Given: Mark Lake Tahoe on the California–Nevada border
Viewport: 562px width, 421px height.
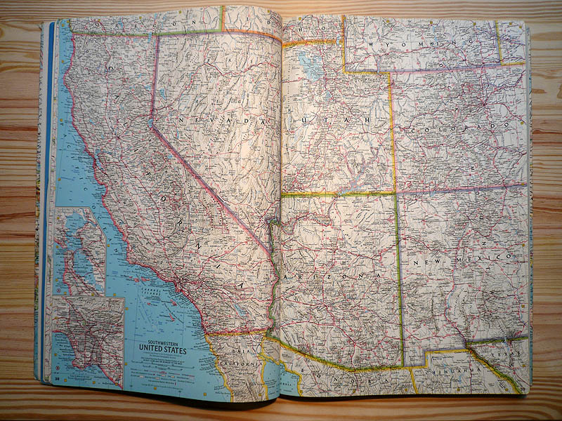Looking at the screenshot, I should coord(150,123).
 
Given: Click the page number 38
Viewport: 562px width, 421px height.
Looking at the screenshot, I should coord(55,379).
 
